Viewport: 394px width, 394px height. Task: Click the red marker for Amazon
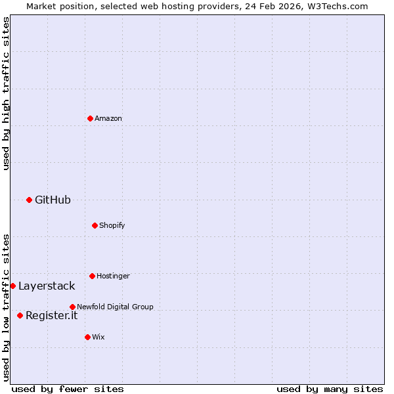click(x=90, y=118)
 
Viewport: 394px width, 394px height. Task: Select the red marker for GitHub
click(x=29, y=200)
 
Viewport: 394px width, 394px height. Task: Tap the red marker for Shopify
click(x=95, y=225)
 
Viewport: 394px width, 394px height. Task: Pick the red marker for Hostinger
click(x=92, y=276)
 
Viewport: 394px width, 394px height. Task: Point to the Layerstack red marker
click(x=12, y=286)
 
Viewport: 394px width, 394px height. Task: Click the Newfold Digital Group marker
click(x=72, y=307)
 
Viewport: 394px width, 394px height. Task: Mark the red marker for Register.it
click(x=20, y=315)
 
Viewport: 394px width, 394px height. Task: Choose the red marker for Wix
click(x=87, y=337)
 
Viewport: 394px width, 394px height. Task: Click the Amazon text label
click(x=108, y=118)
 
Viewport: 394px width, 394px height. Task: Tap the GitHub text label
click(x=53, y=200)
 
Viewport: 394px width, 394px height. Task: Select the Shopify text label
click(x=112, y=225)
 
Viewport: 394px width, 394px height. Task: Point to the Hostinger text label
click(x=113, y=276)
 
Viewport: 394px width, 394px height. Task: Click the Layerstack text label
click(x=47, y=286)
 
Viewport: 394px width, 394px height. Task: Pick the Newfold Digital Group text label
click(x=115, y=307)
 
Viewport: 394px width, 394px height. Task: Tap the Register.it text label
click(x=51, y=315)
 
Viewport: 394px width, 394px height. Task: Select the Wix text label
click(x=98, y=337)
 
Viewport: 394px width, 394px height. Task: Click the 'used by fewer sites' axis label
click(x=68, y=389)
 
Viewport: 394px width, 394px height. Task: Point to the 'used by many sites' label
click(x=330, y=389)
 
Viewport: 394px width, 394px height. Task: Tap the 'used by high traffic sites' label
click(x=6, y=93)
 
